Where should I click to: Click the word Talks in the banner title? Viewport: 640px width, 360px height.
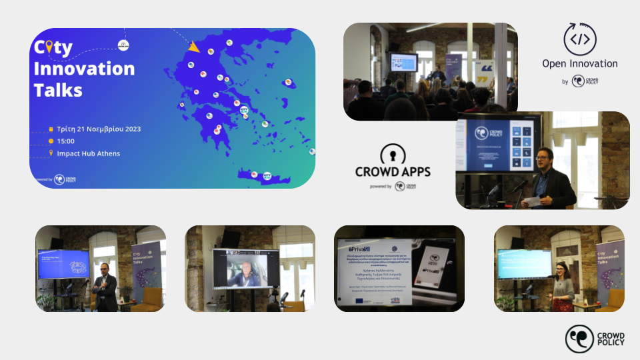(58, 89)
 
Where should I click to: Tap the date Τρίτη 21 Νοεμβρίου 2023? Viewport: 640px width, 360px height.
(99, 129)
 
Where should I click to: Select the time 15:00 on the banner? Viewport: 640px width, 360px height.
(66, 141)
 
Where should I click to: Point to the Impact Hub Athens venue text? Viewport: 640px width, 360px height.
(89, 153)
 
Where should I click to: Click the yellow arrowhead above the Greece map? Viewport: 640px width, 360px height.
(194, 47)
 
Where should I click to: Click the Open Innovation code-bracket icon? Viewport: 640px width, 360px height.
(579, 39)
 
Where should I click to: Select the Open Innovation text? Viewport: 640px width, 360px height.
(580, 64)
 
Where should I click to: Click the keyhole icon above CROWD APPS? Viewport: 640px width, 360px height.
(393, 155)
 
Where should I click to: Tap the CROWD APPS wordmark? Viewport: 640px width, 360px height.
(393, 171)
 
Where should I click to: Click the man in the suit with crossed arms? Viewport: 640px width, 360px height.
(105, 283)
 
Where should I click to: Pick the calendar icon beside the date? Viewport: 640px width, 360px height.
(51, 129)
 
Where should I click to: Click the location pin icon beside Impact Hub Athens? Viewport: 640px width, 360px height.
(51, 153)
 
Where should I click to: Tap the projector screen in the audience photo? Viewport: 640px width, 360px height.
(403, 62)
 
